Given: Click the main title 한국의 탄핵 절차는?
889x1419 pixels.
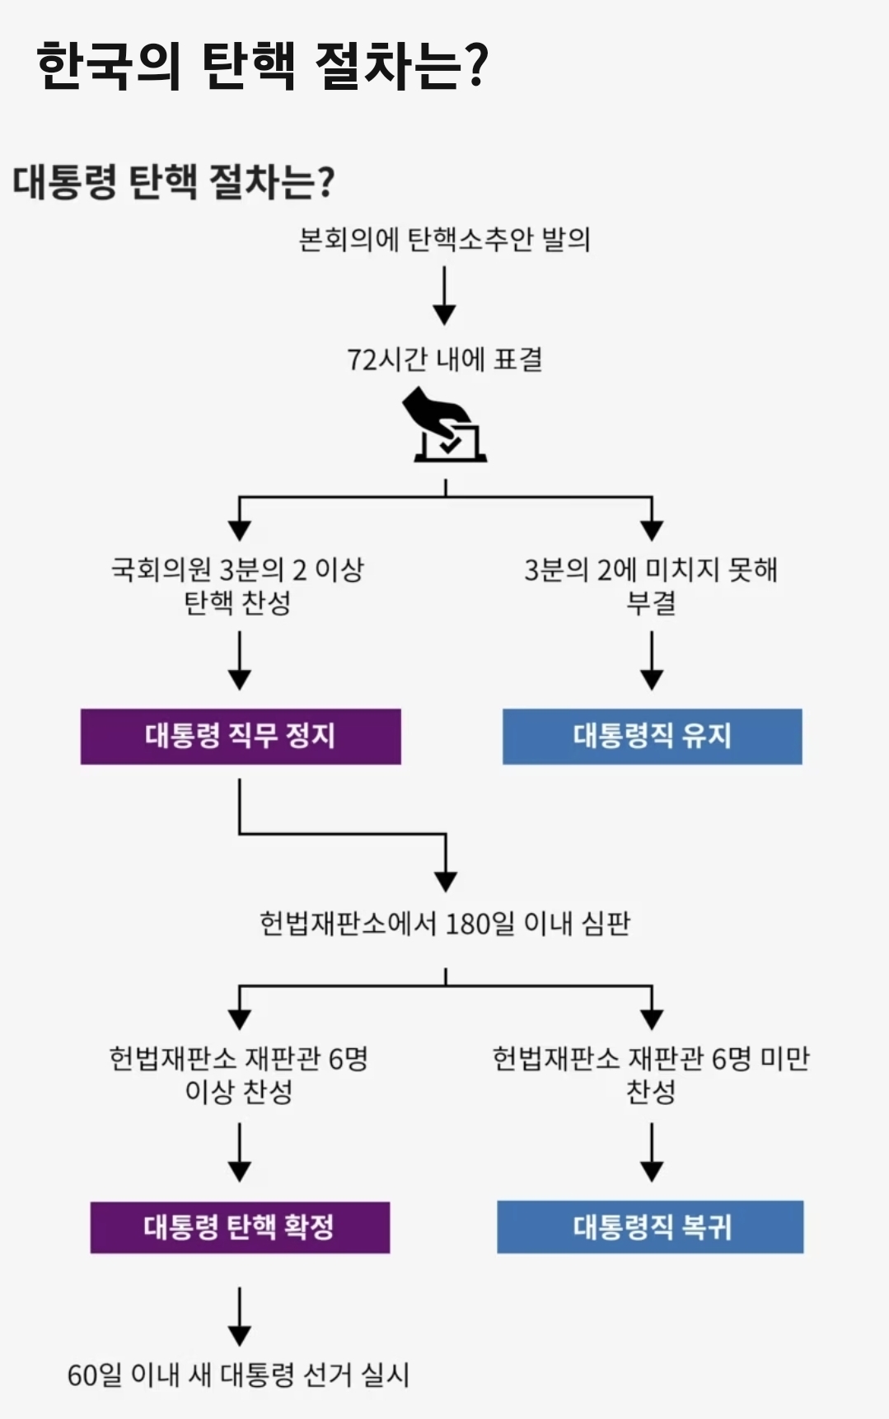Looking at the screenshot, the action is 262,64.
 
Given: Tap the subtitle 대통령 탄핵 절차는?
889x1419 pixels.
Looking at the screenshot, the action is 173,181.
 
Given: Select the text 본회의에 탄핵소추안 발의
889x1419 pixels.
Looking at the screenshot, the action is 444,239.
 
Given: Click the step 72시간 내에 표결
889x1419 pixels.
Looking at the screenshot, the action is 444,359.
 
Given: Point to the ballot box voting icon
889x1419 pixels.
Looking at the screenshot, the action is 446,427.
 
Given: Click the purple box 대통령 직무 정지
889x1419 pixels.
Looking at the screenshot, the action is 241,736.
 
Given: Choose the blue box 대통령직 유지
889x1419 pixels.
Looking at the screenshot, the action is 652,736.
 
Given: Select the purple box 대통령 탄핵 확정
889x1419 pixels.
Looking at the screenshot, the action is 240,1227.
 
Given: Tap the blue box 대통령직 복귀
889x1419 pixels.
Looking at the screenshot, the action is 650,1227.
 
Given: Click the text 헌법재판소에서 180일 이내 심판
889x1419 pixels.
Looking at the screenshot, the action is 445,923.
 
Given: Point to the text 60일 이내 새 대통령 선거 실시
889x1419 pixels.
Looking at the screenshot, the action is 238,1375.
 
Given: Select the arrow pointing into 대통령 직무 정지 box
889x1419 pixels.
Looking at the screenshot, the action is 240,661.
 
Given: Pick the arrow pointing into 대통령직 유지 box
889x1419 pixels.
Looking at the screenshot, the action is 652,661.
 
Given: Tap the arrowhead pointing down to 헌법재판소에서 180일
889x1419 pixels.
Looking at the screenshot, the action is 446,880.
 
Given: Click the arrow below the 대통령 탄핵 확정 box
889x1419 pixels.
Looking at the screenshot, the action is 240,1316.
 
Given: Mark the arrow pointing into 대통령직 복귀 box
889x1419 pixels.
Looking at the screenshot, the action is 652,1153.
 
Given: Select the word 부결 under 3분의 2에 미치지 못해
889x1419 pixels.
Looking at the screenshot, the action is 651,602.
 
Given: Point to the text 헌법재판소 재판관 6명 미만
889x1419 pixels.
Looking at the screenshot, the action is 651,1058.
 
